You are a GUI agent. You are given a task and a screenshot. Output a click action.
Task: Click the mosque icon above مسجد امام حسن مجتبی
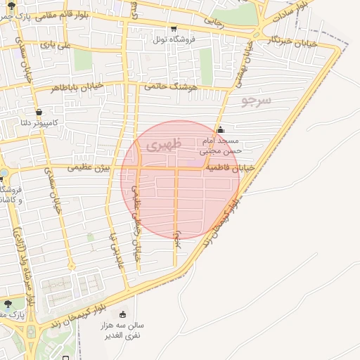[221, 129]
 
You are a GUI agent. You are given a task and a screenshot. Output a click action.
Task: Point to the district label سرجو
[255, 100]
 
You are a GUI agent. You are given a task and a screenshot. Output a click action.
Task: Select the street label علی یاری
[57, 46]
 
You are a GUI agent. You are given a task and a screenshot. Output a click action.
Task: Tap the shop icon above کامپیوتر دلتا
[38, 112]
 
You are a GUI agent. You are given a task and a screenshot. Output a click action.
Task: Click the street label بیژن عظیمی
[89, 168]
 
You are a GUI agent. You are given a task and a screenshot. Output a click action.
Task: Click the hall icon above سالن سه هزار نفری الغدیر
[124, 314]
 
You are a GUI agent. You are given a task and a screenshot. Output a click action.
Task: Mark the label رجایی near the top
[215, 21]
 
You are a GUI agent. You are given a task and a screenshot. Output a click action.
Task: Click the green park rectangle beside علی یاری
[83, 59]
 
